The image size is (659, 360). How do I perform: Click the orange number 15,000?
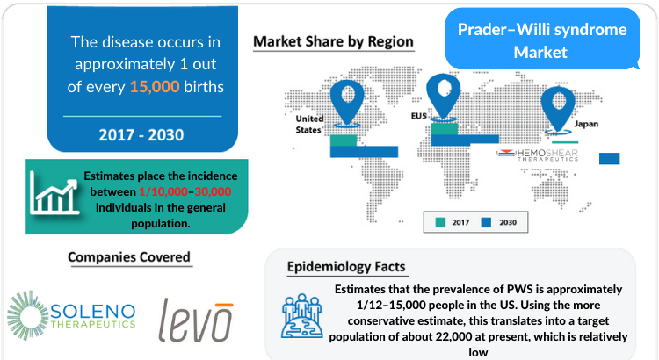click(x=155, y=87)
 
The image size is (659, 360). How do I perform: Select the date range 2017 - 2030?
click(x=141, y=135)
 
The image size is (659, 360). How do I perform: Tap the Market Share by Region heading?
click(x=333, y=41)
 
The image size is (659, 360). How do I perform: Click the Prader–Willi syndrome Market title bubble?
click(x=542, y=39)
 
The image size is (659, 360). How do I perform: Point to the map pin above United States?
click(x=347, y=102)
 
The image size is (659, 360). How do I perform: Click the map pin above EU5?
click(x=443, y=96)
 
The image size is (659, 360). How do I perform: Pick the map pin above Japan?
click(x=558, y=109)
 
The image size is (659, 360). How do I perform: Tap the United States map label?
click(x=309, y=125)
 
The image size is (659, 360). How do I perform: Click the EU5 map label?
click(x=418, y=116)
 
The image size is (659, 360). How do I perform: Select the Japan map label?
click(x=586, y=124)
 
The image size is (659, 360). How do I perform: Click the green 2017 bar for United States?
click(x=344, y=140)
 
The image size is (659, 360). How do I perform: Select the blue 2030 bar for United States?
click(x=364, y=152)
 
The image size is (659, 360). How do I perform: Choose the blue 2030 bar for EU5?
click(x=465, y=140)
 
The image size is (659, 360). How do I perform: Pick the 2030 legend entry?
click(x=499, y=222)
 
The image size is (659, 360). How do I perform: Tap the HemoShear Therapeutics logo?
click(x=537, y=155)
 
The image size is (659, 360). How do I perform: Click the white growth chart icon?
click(x=54, y=194)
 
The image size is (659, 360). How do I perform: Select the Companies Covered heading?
click(x=129, y=256)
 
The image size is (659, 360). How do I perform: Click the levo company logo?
click(x=196, y=320)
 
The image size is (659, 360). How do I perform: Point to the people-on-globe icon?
click(x=301, y=316)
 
